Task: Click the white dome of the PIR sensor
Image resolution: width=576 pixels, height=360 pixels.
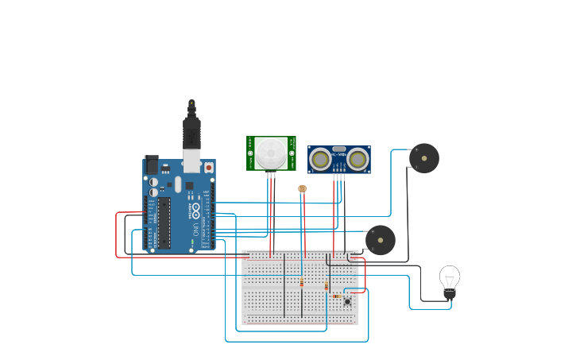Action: coord(271,152)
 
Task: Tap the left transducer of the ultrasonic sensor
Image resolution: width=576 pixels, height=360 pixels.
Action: coord(321,160)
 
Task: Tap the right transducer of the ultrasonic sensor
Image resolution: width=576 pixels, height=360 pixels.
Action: coord(358,160)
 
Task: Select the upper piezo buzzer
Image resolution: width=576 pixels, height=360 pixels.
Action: coord(424,158)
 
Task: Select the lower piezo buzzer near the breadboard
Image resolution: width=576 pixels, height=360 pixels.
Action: coord(381,240)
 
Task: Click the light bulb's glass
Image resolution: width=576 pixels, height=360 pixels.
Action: coord(450,278)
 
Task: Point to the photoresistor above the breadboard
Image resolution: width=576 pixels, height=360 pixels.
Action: coord(302,189)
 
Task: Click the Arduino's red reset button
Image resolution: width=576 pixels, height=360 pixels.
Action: coord(209,168)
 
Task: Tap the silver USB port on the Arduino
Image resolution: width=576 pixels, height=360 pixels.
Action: coord(191,161)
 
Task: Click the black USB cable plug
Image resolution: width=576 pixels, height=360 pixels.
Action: coord(191,132)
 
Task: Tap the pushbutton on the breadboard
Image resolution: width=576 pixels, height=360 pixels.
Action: coord(347,301)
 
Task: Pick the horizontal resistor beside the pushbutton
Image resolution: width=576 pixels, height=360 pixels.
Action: coord(337,296)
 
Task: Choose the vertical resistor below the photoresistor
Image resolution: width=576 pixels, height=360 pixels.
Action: coord(302,282)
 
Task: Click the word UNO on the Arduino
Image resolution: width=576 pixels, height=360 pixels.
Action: coord(195,229)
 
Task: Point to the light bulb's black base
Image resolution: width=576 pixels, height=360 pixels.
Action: coord(450,296)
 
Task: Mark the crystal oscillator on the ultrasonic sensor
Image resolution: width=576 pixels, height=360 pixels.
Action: coord(339,149)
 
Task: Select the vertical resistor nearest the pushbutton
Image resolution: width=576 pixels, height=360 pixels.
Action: coord(327,286)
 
